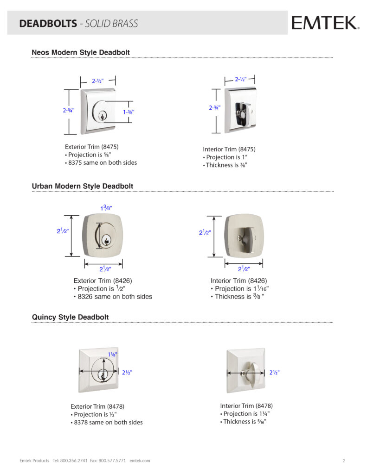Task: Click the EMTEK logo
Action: (x=324, y=22)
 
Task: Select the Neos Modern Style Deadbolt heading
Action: (x=80, y=52)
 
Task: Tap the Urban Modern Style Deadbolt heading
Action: (x=82, y=186)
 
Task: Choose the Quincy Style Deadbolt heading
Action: (x=70, y=317)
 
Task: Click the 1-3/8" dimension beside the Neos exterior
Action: (x=129, y=112)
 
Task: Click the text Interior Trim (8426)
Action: (x=238, y=281)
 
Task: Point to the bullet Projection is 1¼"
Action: (x=245, y=414)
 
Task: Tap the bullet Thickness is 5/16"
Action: (x=243, y=422)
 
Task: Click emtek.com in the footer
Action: (x=140, y=461)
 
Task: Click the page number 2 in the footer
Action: (x=344, y=461)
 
